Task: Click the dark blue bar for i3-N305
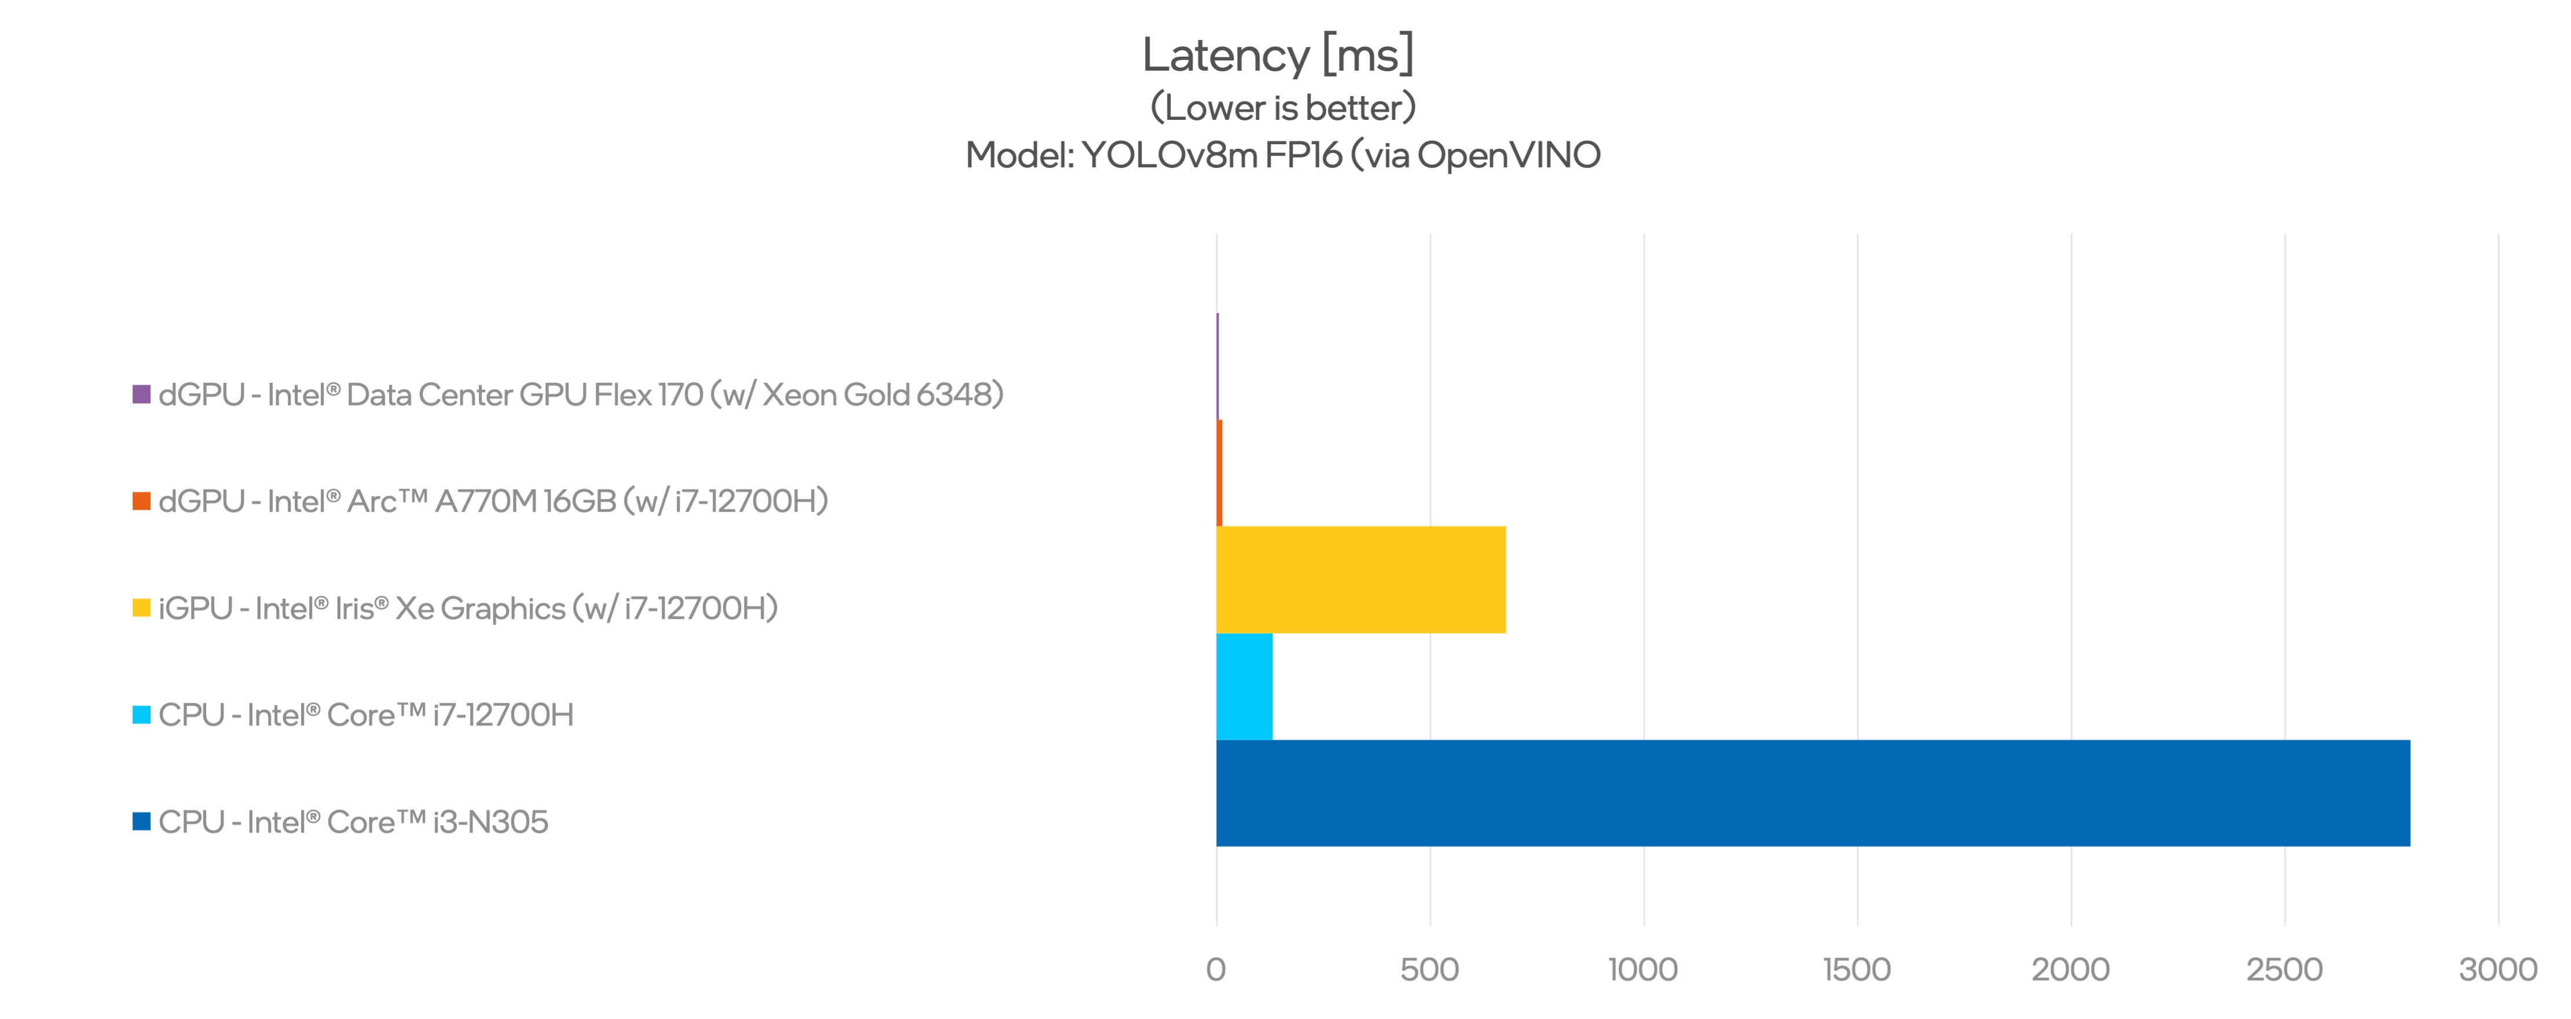click(1813, 793)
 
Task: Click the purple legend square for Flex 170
click(142, 394)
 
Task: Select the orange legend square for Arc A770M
click(142, 501)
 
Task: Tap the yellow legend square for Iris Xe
click(142, 608)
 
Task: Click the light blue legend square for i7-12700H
click(142, 714)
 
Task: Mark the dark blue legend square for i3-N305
click(142, 822)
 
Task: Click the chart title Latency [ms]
click(1278, 55)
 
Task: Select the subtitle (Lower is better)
click(1282, 108)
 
